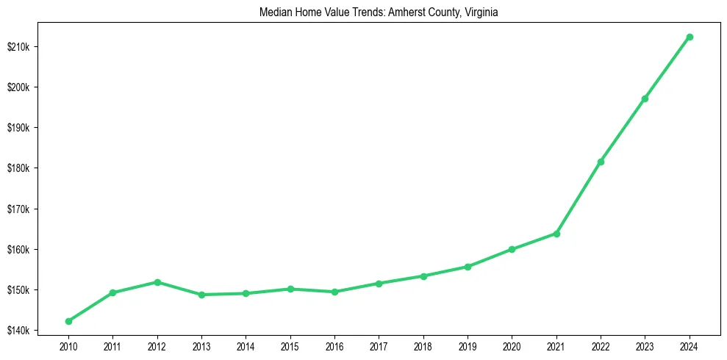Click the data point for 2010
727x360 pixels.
pos(68,321)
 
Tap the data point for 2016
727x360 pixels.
pos(335,292)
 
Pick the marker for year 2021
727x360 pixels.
pos(556,234)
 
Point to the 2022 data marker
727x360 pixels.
pos(601,162)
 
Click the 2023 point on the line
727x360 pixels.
pos(645,98)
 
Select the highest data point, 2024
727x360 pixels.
pos(690,37)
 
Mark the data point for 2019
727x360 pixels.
pos(468,267)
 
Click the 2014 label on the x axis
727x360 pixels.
pos(246,345)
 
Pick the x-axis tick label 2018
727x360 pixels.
pos(423,345)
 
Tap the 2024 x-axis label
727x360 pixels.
pos(690,345)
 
